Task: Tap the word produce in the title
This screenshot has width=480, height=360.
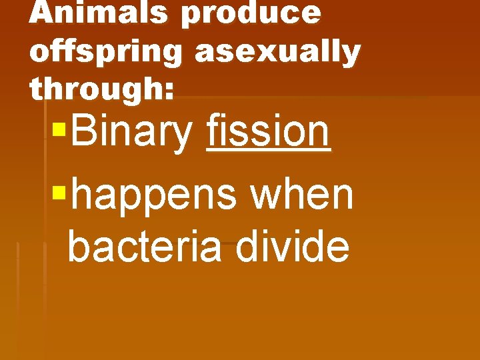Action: coord(251,13)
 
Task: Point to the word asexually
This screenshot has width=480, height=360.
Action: coord(277,53)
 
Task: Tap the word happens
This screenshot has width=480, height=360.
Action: coord(153,196)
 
